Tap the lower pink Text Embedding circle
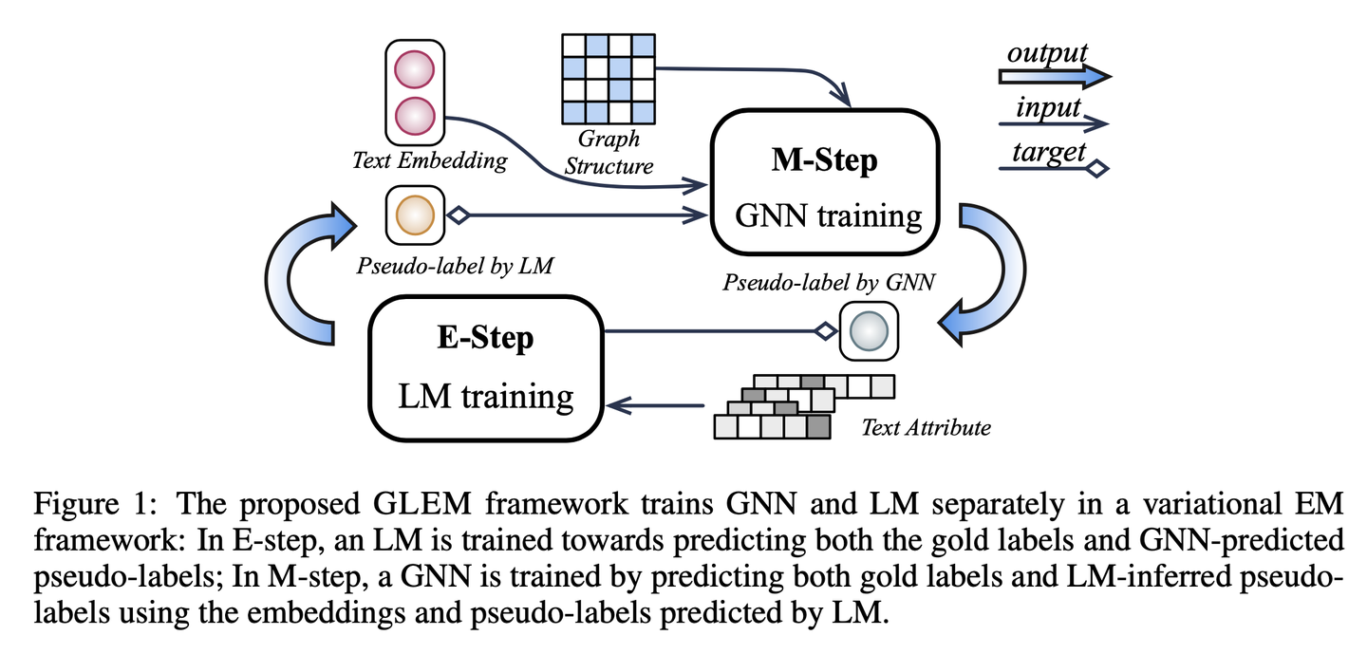click(414, 114)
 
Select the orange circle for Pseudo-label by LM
click(414, 215)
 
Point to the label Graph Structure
click(609, 152)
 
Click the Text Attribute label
click(925, 427)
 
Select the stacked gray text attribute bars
click(802, 406)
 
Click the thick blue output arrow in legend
click(1054, 76)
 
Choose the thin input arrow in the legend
click(1054, 122)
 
